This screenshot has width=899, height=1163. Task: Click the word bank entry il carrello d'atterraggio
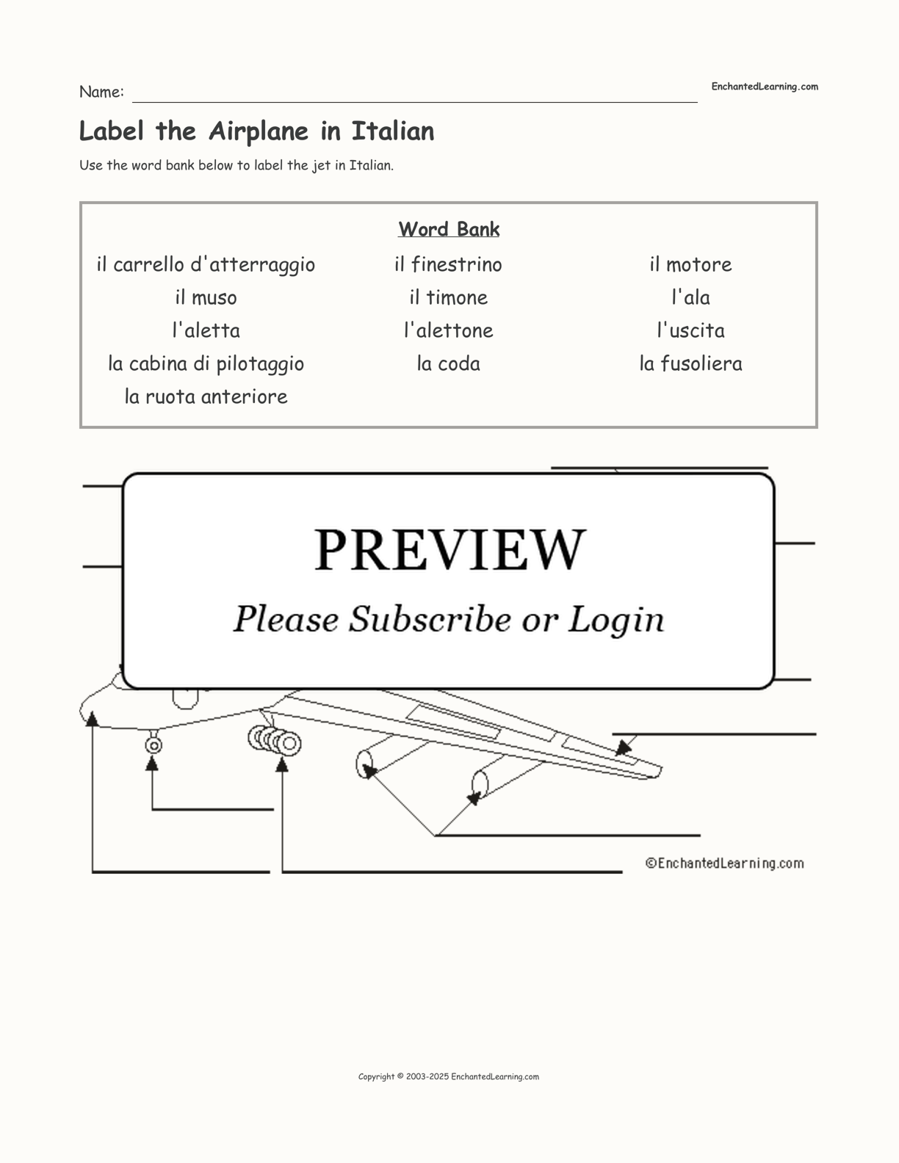coord(206,265)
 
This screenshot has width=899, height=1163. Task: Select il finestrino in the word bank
coord(448,264)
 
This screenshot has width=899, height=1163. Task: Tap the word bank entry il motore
coord(690,264)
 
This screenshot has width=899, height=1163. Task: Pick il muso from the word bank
coord(206,297)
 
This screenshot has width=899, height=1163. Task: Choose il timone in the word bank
coord(448,297)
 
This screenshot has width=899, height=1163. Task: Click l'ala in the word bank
coord(690,297)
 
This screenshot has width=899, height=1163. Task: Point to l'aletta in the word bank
coord(206,330)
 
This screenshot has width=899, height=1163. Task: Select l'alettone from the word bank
coord(448,330)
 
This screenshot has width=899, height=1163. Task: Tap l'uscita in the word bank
coord(690,330)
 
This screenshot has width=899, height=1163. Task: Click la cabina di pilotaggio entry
coord(206,364)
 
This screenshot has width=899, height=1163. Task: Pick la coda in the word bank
coord(448,364)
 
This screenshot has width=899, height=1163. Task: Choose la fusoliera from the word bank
coord(690,364)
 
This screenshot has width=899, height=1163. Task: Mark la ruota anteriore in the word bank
coord(206,396)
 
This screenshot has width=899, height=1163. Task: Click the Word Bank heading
coord(449,229)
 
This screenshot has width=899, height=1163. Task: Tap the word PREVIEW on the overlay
coord(450,550)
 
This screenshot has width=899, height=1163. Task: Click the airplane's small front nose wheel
coord(154,745)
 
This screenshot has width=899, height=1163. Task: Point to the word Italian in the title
coord(392,131)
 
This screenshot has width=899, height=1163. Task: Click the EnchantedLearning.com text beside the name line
coord(765,87)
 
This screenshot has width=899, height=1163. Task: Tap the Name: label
coord(102,92)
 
